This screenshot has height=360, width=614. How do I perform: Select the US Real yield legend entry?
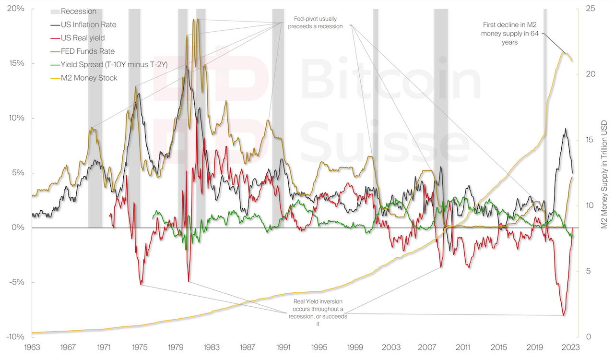pos(83,38)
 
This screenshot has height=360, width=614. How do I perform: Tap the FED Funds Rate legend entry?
pos(88,51)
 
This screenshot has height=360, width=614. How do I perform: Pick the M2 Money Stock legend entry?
pos(89,78)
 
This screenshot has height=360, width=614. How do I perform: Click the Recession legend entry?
pos(78,11)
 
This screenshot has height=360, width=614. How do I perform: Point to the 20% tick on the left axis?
pos(16,9)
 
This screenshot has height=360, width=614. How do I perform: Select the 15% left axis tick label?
pos(16,64)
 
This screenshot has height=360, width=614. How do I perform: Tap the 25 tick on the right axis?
pos(589,9)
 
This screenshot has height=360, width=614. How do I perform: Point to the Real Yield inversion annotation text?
pos(318,312)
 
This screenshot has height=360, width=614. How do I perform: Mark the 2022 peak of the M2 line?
pos(565,52)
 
